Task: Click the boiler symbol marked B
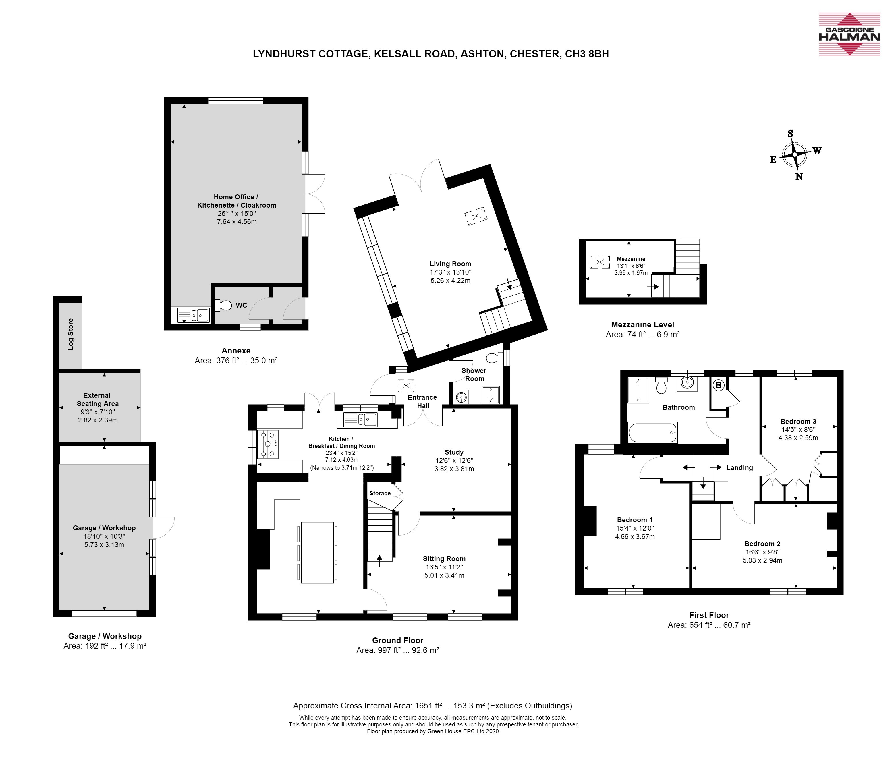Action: pos(718,385)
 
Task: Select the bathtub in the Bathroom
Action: pos(653,432)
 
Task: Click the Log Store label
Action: pos(71,334)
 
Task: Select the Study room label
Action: pos(454,452)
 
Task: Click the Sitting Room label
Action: pos(444,558)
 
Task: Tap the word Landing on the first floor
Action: pos(739,467)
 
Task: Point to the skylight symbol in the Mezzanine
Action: pos(599,262)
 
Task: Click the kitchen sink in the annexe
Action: pos(193,315)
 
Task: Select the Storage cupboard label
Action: pos(380,493)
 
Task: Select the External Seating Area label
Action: pos(98,399)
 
